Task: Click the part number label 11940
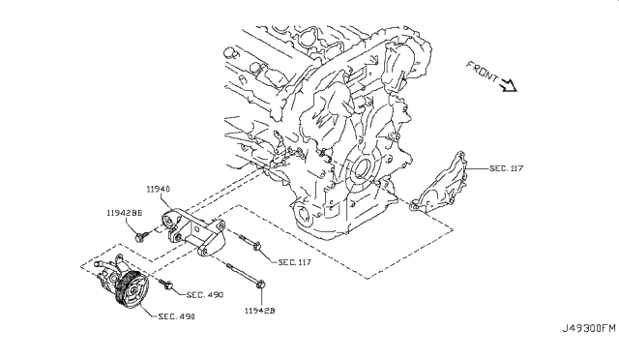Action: [x=159, y=190]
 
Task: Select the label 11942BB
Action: [x=125, y=213]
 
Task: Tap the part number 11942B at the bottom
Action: [x=260, y=311]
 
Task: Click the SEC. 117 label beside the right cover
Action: [x=507, y=168]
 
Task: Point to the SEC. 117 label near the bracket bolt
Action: [x=294, y=262]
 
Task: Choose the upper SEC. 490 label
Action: [x=205, y=295]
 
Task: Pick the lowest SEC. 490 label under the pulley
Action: [x=176, y=316]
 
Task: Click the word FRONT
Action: [x=483, y=72]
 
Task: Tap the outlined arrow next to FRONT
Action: [x=509, y=85]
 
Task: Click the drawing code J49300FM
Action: [x=589, y=328]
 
